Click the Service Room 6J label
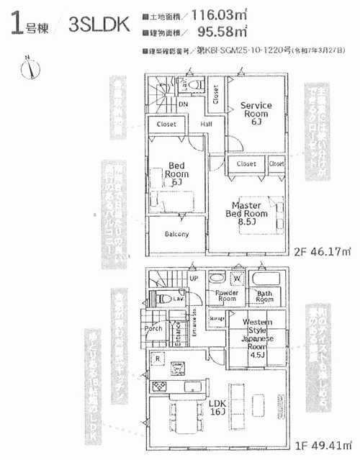point(256,114)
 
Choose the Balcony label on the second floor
point(176,235)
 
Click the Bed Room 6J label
point(176,173)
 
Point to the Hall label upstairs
point(206,124)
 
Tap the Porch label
point(153,329)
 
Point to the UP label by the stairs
point(194,279)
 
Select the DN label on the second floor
point(184,104)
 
